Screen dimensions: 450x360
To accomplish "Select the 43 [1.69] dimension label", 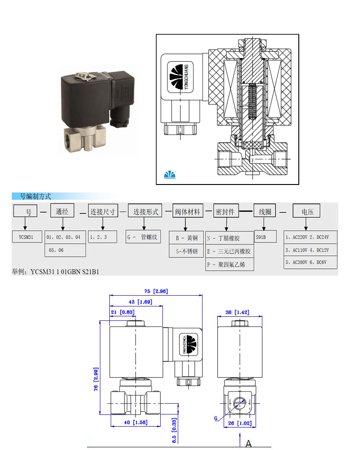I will coord(135,302).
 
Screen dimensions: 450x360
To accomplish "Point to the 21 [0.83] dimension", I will coord(119,312).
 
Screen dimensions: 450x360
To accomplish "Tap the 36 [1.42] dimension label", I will coord(237,312).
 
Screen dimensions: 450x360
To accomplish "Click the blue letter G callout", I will coord(216,418).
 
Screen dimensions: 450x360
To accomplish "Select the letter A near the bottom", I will coord(248,443).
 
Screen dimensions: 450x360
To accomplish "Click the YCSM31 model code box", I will coord(27,237).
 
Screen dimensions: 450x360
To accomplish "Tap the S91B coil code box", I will coord(264,237).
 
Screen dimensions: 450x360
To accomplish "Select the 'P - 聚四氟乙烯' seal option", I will coord(229,265).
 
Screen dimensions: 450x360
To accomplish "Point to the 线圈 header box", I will coord(264,211).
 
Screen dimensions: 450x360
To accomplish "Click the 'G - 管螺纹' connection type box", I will coord(143,237).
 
